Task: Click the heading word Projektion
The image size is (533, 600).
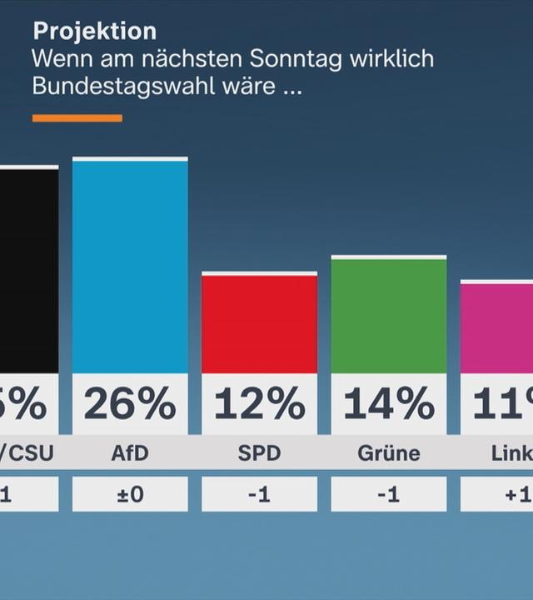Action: pos(94,32)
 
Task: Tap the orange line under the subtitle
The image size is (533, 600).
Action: pos(77,118)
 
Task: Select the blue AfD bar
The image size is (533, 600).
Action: pos(130,267)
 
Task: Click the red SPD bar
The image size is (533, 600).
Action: pos(259,325)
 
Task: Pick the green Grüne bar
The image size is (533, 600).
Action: pos(388,317)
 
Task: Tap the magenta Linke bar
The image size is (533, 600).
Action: pos(497,329)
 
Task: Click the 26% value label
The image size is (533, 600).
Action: pos(130,405)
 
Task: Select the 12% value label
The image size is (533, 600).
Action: pos(259,405)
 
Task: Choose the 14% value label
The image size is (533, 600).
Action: pos(388,405)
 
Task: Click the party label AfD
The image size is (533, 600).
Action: pos(130,453)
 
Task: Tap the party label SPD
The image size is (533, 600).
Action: pos(259,453)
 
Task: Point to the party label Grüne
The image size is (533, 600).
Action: pos(388,453)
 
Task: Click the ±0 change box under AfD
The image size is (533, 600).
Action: pos(130,494)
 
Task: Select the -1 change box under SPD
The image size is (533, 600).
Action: pos(259,494)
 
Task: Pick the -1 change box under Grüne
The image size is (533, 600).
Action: pos(388,494)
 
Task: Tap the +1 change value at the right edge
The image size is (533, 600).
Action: pos(516,494)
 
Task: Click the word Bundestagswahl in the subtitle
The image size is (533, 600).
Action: pos(119,87)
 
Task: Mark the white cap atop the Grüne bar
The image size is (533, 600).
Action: pos(388,257)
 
